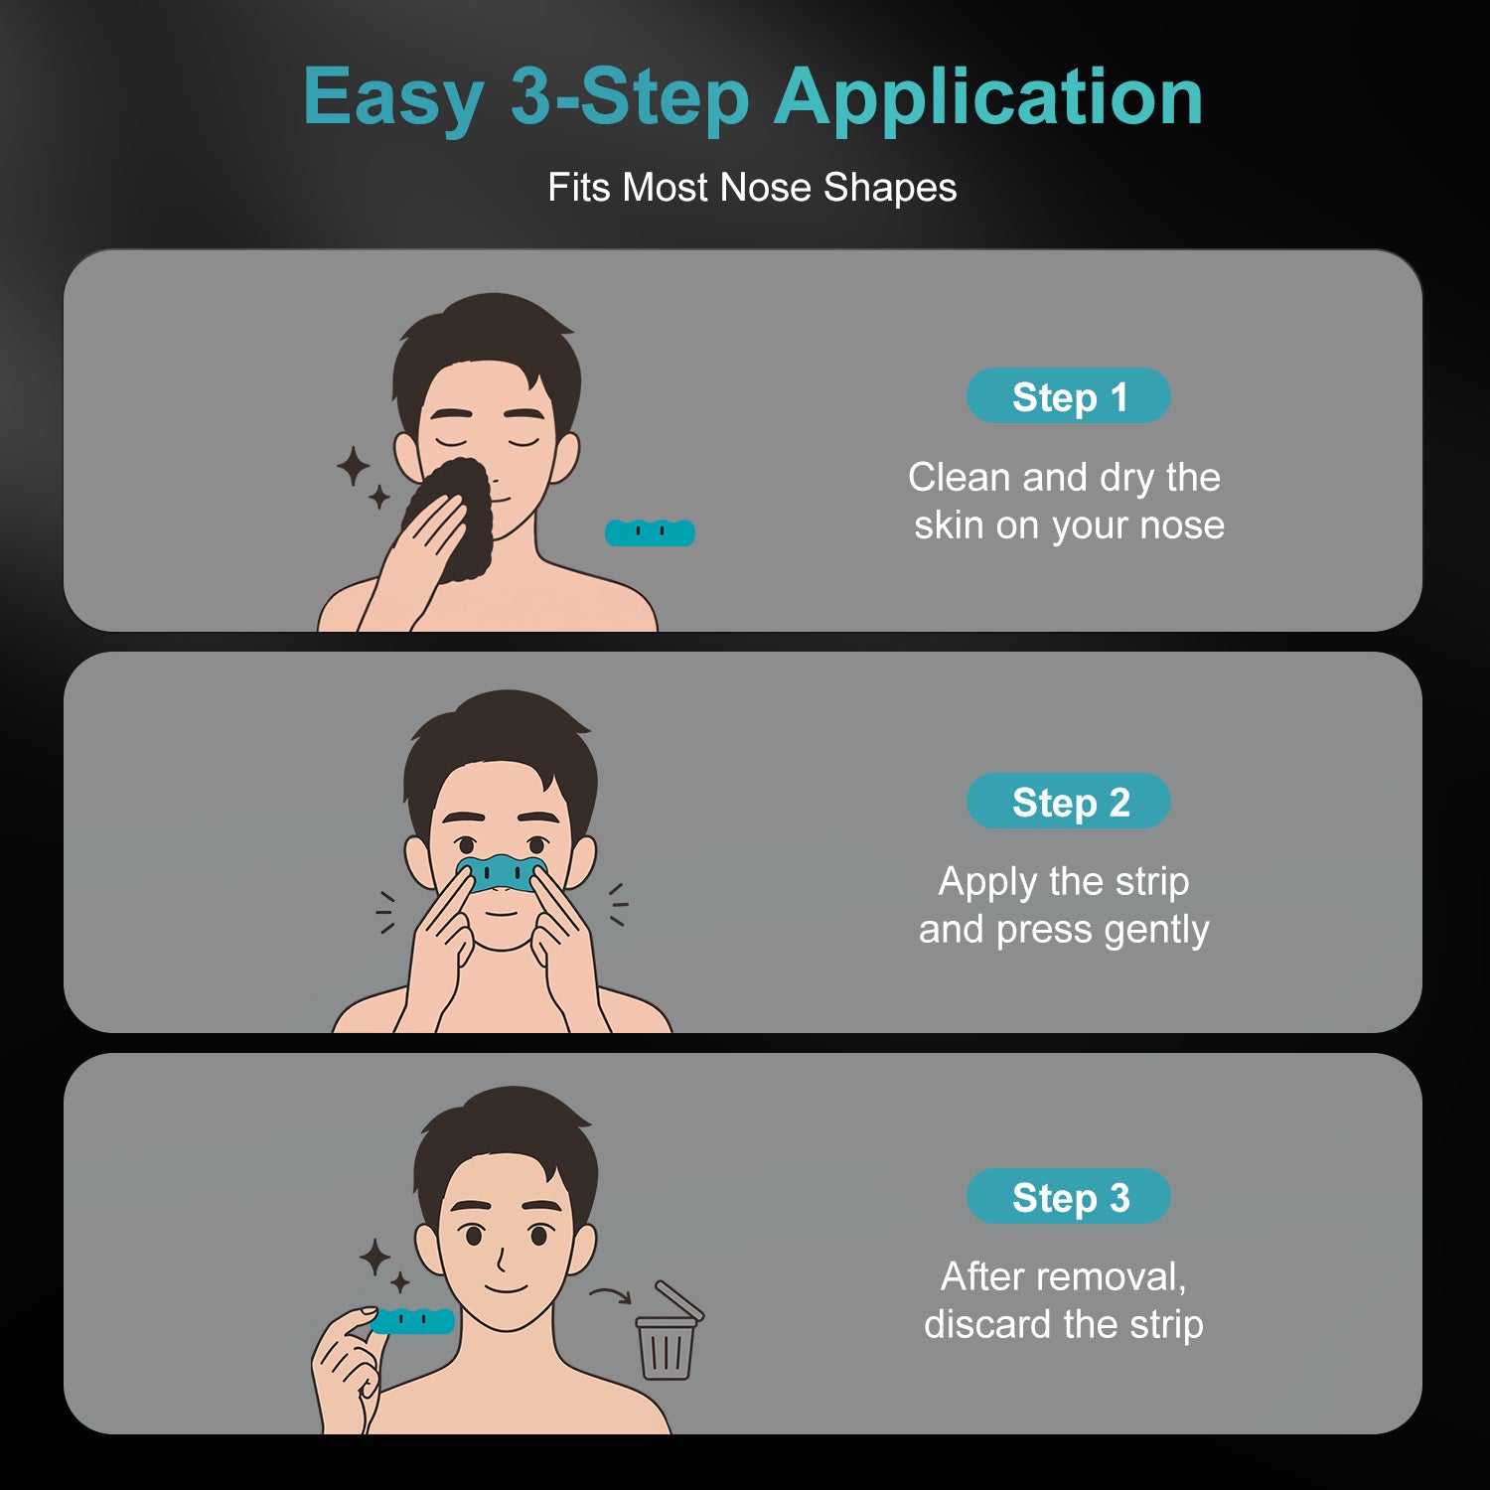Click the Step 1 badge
pos(1068,395)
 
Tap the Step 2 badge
pos(1068,801)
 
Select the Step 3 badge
pos(1068,1196)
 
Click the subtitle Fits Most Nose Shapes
pos(752,187)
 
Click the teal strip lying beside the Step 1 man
pos(650,532)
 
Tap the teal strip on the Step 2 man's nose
pos(502,872)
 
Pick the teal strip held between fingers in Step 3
pos(413,1321)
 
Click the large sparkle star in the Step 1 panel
pos(353,466)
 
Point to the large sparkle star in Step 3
pos(374,1258)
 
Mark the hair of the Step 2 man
pos(501,745)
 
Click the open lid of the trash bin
pos(679,1299)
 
